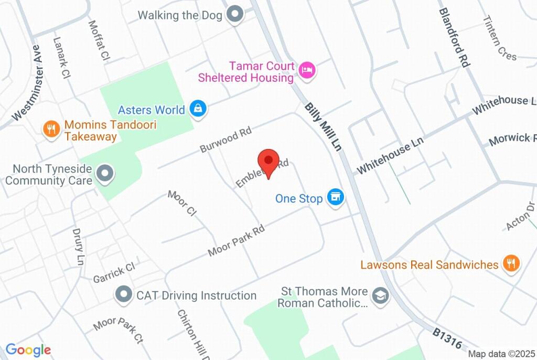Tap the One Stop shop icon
pyautogui.click(x=335, y=198)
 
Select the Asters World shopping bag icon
pyautogui.click(x=198, y=109)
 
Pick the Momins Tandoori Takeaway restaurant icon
pyautogui.click(x=51, y=129)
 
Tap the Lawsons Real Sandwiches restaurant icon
pyautogui.click(x=511, y=263)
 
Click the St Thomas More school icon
pyautogui.click(x=379, y=295)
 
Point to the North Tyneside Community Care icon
pyautogui.click(x=106, y=174)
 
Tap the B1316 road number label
pyautogui.click(x=447, y=339)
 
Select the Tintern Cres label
pyautogui.click(x=500, y=38)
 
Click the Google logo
pyautogui.click(x=28, y=350)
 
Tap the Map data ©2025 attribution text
pyautogui.click(x=501, y=354)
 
